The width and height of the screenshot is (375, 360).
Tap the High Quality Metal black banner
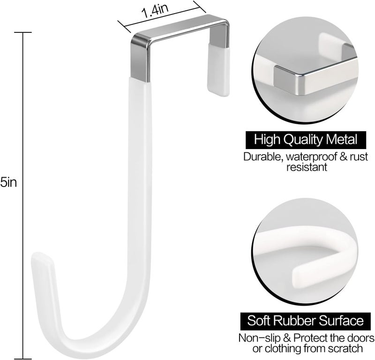click(x=306, y=139)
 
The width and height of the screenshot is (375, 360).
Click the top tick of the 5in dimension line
click(x=22, y=32)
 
